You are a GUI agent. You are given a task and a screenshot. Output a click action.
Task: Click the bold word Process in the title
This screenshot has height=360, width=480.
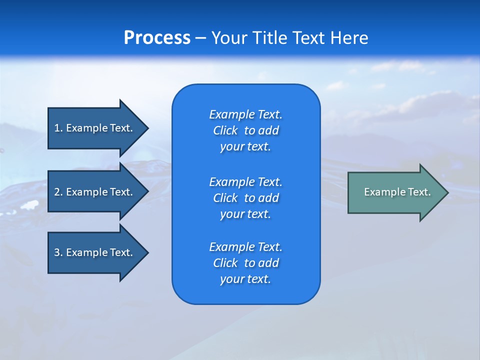pyautogui.click(x=157, y=38)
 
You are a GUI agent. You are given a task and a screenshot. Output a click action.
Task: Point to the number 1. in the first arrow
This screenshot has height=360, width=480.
pyautogui.click(x=58, y=128)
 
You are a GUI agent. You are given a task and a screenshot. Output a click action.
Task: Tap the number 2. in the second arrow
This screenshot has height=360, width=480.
pyautogui.click(x=58, y=192)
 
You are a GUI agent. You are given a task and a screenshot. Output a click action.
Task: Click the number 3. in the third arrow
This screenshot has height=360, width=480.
pyautogui.click(x=58, y=252)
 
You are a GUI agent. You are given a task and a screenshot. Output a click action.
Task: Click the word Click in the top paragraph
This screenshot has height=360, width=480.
pyautogui.click(x=225, y=130)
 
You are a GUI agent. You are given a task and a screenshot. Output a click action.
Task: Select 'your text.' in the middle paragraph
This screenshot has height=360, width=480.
pyautogui.click(x=245, y=214)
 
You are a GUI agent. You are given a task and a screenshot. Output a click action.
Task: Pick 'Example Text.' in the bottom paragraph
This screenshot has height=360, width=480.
pyautogui.click(x=245, y=247)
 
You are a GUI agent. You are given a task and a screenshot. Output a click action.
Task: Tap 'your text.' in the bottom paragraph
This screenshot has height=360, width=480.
pyautogui.click(x=245, y=279)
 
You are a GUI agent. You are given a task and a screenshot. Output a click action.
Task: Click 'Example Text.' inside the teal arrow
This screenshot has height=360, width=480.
pyautogui.click(x=397, y=192)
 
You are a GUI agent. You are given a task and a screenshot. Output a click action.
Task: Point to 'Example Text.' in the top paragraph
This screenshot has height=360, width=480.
pyautogui.click(x=245, y=114)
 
